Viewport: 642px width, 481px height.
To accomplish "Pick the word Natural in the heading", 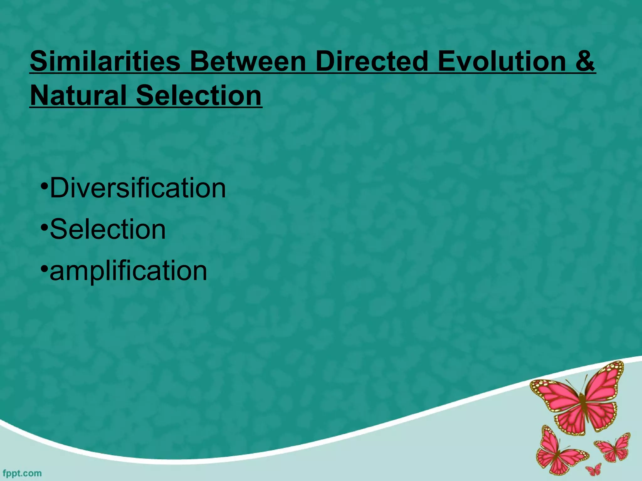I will tap(78, 96).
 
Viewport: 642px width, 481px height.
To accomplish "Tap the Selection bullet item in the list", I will tap(108, 229).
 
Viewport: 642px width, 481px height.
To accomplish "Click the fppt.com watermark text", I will tap(22, 473).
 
